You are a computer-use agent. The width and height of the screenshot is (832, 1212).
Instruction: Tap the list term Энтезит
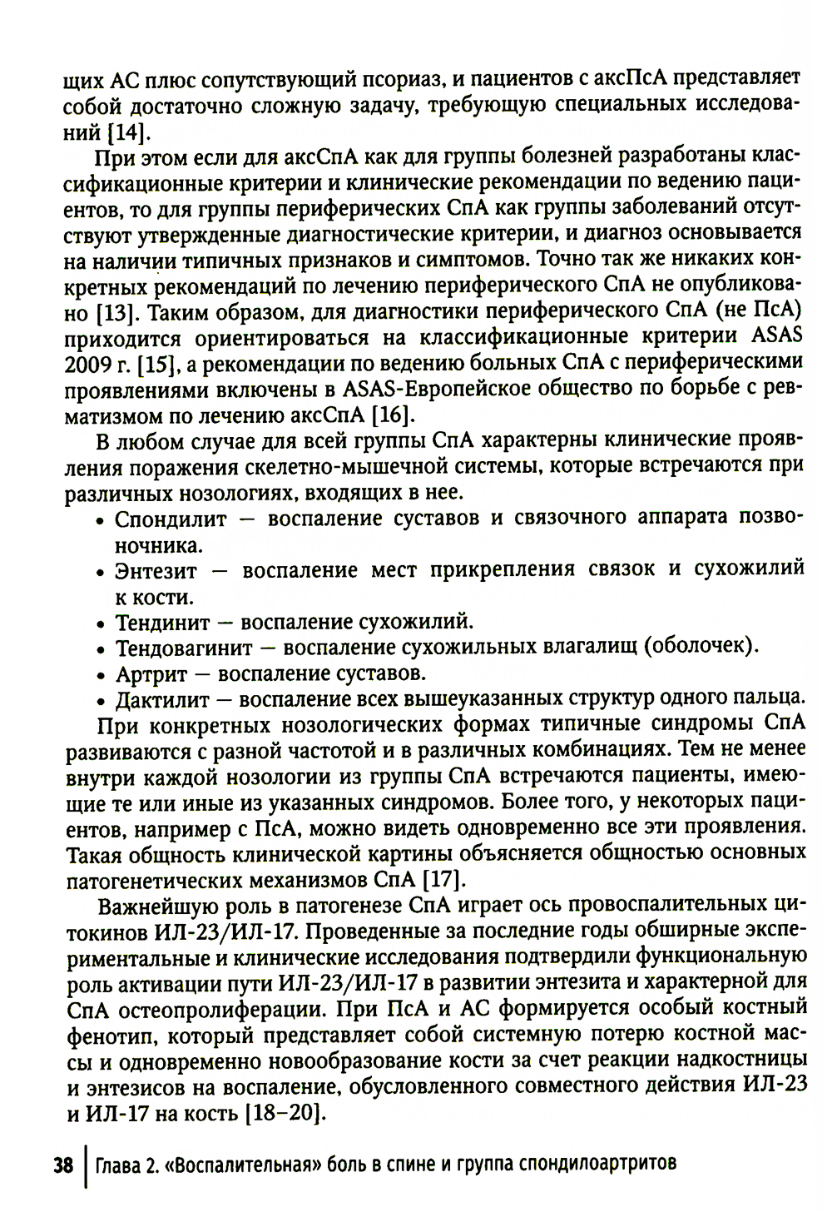[156, 570]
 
